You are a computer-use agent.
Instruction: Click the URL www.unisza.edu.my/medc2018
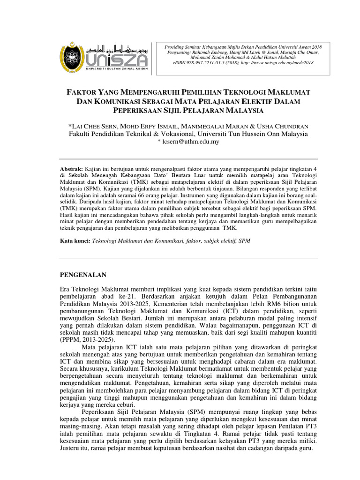(x=285, y=63)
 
